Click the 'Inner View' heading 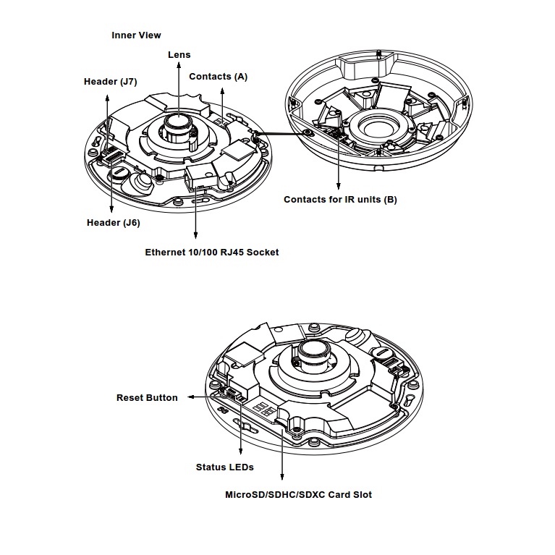136,35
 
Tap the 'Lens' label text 179,54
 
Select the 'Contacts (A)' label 218,76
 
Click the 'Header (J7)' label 110,82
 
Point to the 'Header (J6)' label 113,223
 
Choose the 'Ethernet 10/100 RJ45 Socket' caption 211,253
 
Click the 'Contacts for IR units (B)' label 340,200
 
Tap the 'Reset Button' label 147,398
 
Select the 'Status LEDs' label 224,467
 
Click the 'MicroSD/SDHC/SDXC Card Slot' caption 299,495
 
